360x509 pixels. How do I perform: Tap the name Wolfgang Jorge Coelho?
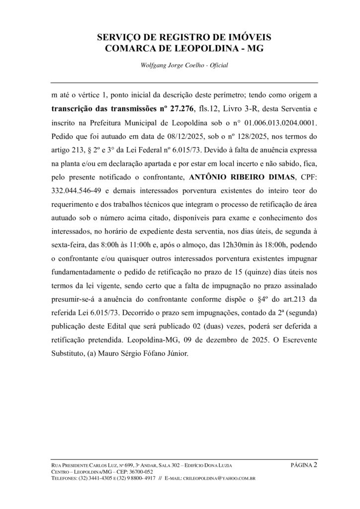click(170, 65)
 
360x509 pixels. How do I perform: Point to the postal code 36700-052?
click(140, 472)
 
